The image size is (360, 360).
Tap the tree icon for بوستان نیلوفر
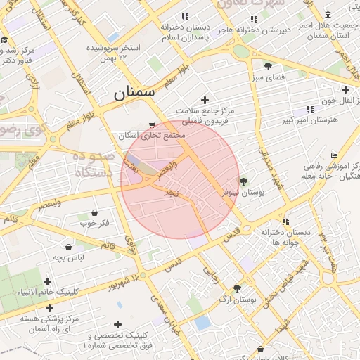pos(243,181)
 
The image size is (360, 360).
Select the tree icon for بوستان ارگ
pos(237,288)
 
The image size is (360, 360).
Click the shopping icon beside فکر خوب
pos(94,212)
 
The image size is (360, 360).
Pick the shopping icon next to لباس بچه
pos(68,247)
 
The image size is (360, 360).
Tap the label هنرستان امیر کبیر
pos(310,120)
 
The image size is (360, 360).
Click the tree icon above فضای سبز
pos(268,64)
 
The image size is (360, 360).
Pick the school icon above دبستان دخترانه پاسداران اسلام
pos(184,16)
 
